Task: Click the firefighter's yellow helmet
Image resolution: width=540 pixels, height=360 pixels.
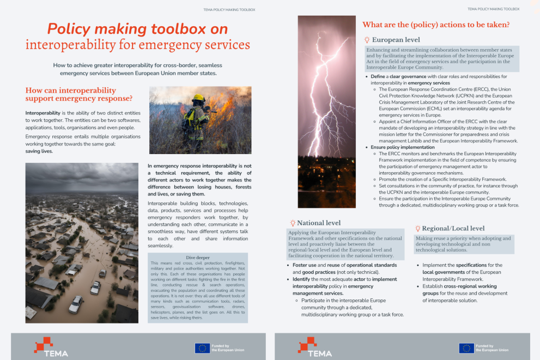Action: coord(198,99)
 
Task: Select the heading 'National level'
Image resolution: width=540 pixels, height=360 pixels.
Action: coord(319,223)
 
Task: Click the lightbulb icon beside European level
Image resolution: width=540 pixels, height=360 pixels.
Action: coord(367,40)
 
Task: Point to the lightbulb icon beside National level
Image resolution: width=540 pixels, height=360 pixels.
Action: coord(292,223)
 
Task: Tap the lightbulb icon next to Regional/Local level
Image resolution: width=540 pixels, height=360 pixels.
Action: coord(417,228)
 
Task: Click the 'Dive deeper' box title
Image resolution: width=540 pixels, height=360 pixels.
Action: coord(197,257)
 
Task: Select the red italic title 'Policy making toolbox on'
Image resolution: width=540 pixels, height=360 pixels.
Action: coord(137,28)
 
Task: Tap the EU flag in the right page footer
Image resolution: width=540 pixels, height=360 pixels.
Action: coord(466,347)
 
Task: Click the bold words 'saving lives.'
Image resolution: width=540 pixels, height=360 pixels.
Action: coord(40,151)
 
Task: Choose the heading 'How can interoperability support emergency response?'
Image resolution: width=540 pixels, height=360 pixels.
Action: coord(79,94)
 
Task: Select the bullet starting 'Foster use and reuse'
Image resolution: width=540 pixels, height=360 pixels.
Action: coord(343,265)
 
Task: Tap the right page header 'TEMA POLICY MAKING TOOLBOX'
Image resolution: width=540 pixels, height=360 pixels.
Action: coord(493,9)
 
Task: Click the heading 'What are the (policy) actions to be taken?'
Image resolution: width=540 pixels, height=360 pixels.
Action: coord(436,25)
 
